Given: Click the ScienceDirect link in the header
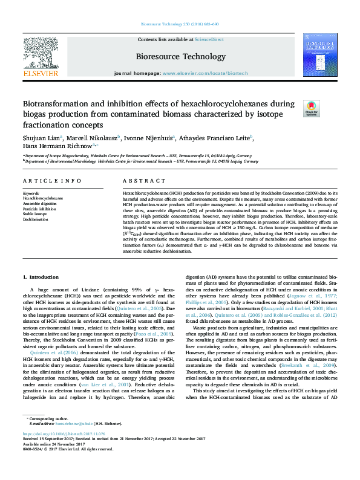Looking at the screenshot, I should [x=210, y=39].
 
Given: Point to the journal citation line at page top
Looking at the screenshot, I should [x=180, y=25].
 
